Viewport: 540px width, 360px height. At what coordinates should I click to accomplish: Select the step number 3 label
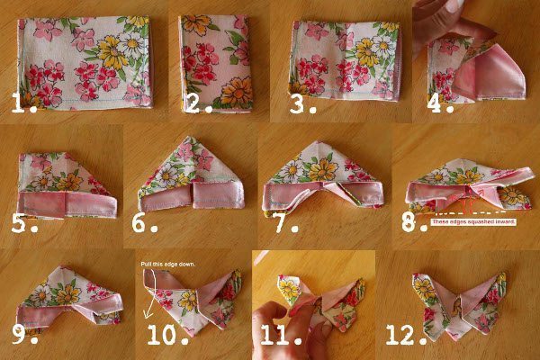[302, 104]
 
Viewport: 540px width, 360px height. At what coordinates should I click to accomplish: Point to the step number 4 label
[440, 103]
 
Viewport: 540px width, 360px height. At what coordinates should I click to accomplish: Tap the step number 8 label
[414, 222]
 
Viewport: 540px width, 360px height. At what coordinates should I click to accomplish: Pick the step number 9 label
[25, 334]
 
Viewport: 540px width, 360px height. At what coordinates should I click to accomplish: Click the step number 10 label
[168, 334]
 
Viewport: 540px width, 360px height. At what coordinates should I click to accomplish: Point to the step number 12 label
[407, 334]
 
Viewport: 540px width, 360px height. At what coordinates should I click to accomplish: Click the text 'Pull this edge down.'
[168, 265]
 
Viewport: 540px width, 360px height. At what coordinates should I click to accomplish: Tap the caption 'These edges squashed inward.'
[473, 222]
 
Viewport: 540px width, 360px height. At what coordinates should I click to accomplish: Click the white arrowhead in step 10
[148, 314]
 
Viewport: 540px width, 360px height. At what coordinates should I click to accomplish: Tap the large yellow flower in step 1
[112, 53]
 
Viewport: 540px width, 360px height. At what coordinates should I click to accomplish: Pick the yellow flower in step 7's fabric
[323, 170]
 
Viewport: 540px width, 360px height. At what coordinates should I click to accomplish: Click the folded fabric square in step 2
[216, 64]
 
